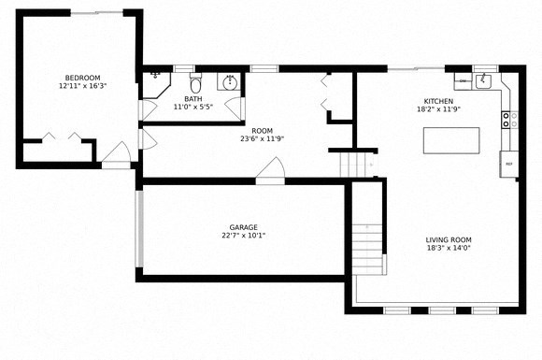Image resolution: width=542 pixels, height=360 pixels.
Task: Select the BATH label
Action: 193,98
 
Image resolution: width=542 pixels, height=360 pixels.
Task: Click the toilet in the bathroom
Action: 195,83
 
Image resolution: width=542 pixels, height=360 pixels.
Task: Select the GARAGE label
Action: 243,227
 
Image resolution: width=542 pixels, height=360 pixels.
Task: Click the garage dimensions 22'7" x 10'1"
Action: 243,237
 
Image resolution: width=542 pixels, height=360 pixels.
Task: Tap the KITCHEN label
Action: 438,100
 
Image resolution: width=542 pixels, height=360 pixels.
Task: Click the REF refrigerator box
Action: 509,165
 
